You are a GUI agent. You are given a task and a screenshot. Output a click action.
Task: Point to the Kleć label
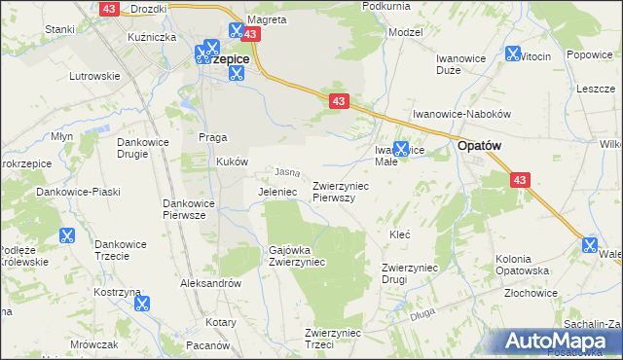click(x=399, y=234)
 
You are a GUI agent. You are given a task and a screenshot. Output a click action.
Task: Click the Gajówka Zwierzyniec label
click(x=297, y=256)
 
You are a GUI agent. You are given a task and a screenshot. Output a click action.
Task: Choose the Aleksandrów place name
click(x=210, y=282)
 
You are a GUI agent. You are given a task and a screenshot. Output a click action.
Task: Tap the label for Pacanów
click(x=206, y=345)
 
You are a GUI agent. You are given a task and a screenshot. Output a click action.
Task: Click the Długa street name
click(x=421, y=313)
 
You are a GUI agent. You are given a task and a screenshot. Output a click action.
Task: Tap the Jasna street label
click(x=286, y=172)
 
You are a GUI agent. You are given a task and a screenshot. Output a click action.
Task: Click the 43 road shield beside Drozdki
click(x=108, y=8)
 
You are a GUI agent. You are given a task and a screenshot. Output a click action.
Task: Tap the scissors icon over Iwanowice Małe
click(x=400, y=148)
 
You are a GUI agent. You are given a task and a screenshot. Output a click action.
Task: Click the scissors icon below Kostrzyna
click(x=141, y=304)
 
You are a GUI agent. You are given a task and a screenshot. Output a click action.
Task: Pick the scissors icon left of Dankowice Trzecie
click(x=66, y=234)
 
